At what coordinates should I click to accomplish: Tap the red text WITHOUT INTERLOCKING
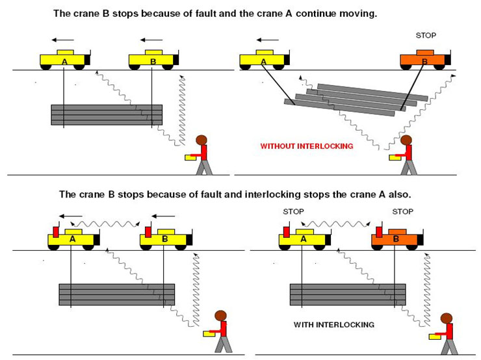[306, 146]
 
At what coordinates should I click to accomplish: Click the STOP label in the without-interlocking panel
[426, 35]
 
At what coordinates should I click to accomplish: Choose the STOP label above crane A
[294, 211]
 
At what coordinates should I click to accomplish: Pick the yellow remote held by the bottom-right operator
[434, 336]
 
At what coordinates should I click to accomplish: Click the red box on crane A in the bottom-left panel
[56, 231]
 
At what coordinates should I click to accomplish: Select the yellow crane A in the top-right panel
[263, 60]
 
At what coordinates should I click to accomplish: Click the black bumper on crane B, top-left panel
[177, 60]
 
